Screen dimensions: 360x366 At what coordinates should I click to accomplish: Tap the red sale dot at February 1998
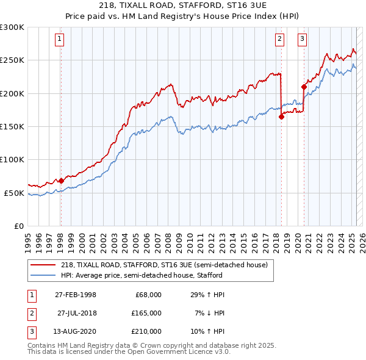(61, 181)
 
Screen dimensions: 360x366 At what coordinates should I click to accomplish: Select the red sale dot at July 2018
(281, 117)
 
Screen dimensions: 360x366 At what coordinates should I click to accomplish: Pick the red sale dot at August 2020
(303, 87)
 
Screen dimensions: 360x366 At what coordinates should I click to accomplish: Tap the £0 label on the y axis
(18, 226)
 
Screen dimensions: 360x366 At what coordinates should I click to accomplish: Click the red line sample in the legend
(43, 265)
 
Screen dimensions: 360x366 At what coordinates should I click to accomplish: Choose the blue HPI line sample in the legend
(43, 275)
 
